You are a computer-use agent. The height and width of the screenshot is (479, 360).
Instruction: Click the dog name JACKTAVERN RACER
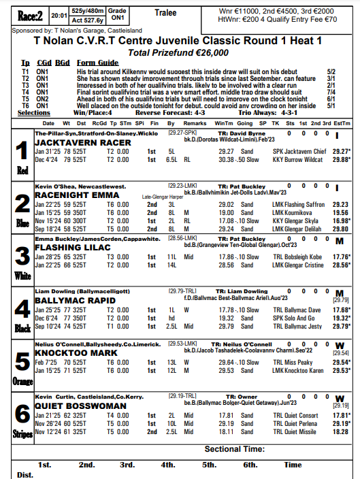pos(82,143)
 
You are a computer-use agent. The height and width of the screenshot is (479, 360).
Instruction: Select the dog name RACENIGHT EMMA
pos(78,195)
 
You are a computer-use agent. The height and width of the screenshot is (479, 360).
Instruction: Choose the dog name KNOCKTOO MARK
pos(76,353)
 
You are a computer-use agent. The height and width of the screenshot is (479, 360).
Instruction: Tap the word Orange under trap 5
pos(21,380)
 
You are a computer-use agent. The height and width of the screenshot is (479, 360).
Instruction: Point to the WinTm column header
pos(223,123)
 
